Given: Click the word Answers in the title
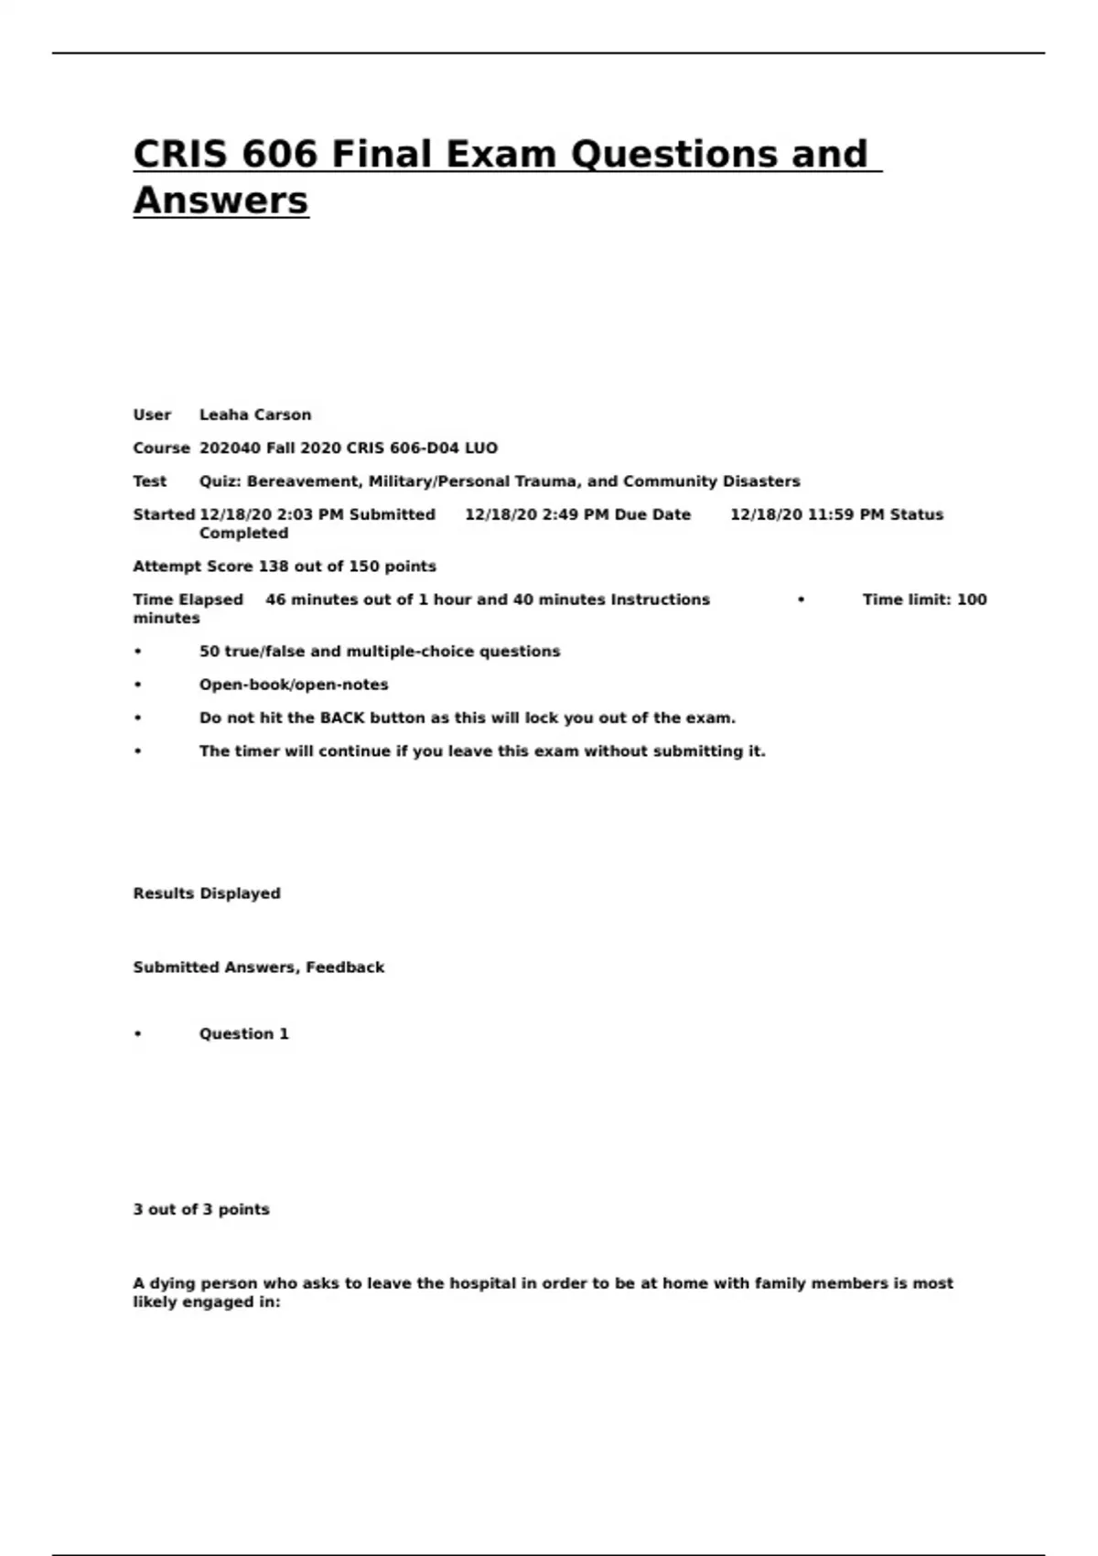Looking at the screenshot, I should pos(221,200).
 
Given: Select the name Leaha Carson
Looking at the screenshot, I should pos(255,415).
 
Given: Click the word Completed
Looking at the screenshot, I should pos(243,533).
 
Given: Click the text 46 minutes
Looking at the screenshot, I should pos(310,600).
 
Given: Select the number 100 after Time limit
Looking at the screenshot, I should pos(972,600).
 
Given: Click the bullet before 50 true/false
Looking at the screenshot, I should pos(138,652).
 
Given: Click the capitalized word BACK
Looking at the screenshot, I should pos(342,719).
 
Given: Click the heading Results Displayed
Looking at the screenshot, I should pos(207,893).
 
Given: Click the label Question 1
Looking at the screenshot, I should pos(244,1034).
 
